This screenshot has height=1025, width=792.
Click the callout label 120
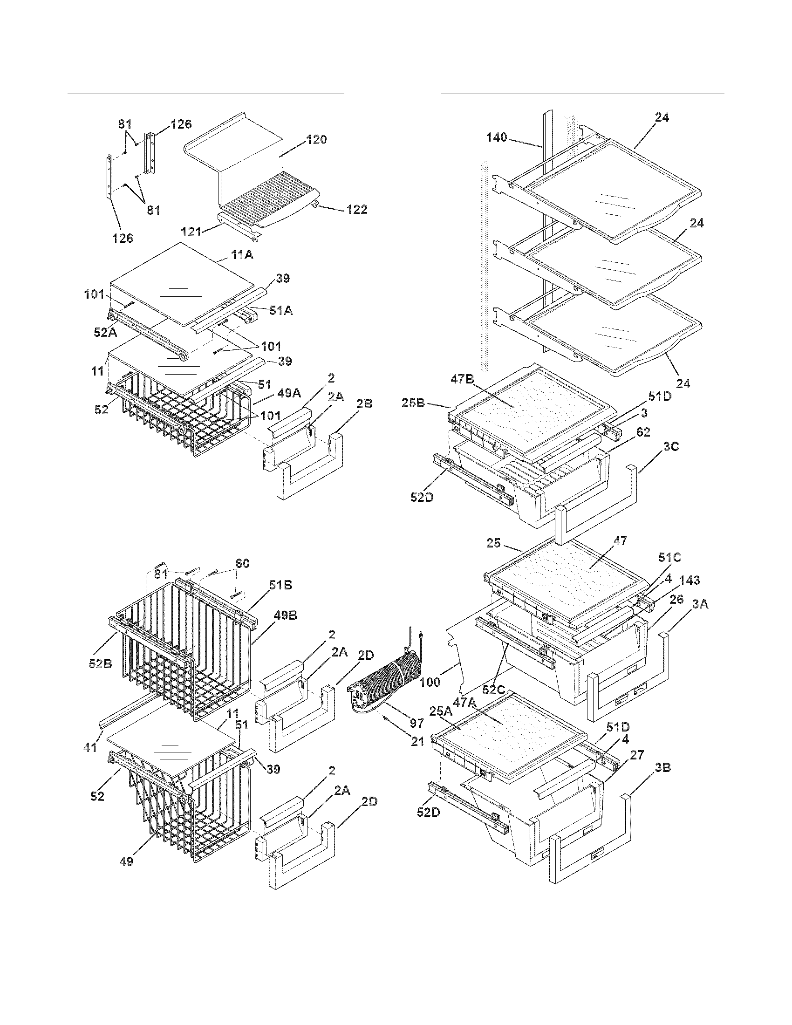pos(316,140)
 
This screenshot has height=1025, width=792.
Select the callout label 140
pos(497,137)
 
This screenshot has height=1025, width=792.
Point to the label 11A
pos(242,255)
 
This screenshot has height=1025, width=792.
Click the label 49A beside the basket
pos(289,393)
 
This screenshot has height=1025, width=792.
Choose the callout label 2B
pos(364,403)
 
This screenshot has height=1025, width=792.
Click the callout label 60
pos(242,563)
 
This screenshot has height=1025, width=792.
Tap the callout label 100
pos(430,682)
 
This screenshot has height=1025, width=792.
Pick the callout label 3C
pos(671,446)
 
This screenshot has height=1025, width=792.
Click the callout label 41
pos(89,746)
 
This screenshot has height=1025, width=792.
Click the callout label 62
pos(643,432)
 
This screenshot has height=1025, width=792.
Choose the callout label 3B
pos(662,768)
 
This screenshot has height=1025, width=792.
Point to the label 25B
pos(413,403)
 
